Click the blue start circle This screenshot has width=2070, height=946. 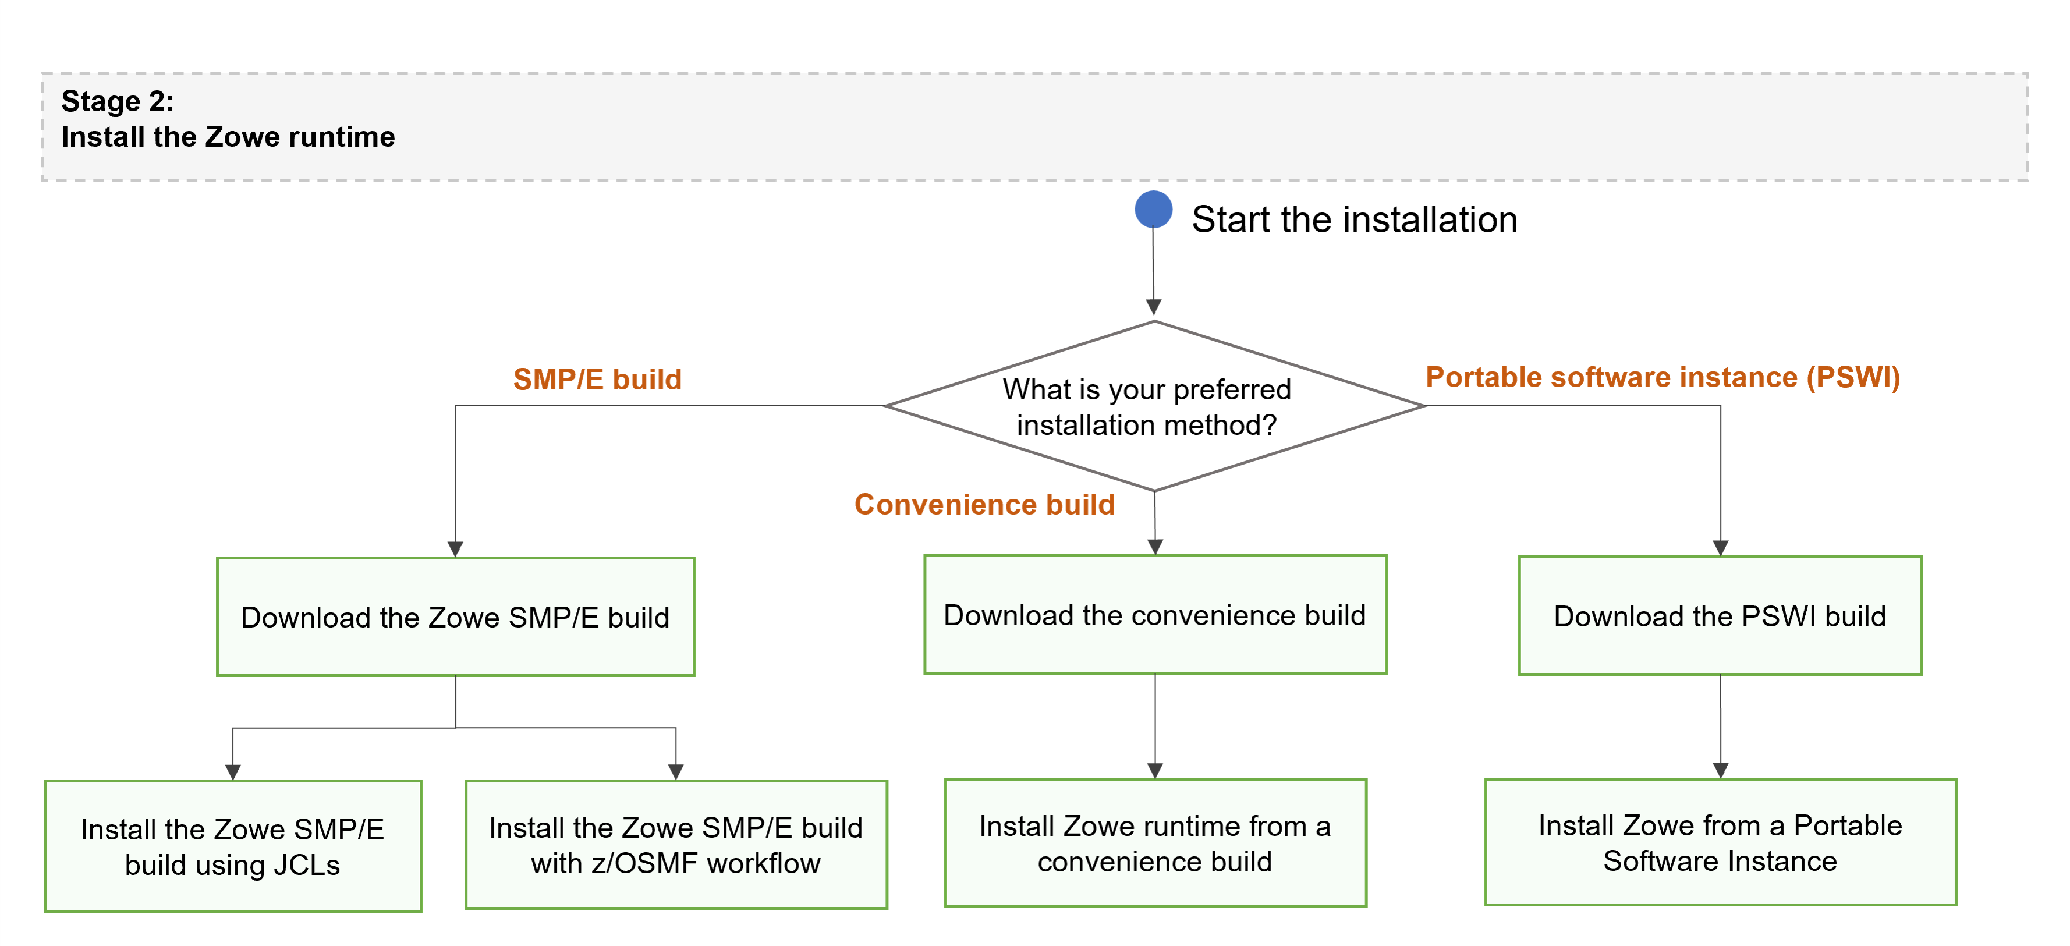click(1153, 210)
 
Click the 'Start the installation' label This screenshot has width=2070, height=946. click(1354, 219)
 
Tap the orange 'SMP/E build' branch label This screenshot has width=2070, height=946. click(597, 380)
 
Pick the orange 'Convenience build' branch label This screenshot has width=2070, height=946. click(984, 504)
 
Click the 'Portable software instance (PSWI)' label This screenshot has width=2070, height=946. click(1663, 377)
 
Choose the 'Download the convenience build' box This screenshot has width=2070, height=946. click(1155, 614)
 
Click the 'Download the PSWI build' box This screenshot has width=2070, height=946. click(1720, 616)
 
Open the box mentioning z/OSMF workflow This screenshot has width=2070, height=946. click(675, 844)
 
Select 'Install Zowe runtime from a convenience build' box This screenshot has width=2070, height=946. click(1155, 842)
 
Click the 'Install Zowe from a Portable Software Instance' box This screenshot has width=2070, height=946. click(1720, 842)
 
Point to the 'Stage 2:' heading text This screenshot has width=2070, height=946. click(118, 101)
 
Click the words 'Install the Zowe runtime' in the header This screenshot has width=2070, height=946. click(228, 137)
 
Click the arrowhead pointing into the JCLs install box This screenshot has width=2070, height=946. click(233, 771)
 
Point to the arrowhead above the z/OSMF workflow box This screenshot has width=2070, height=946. click(676, 771)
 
